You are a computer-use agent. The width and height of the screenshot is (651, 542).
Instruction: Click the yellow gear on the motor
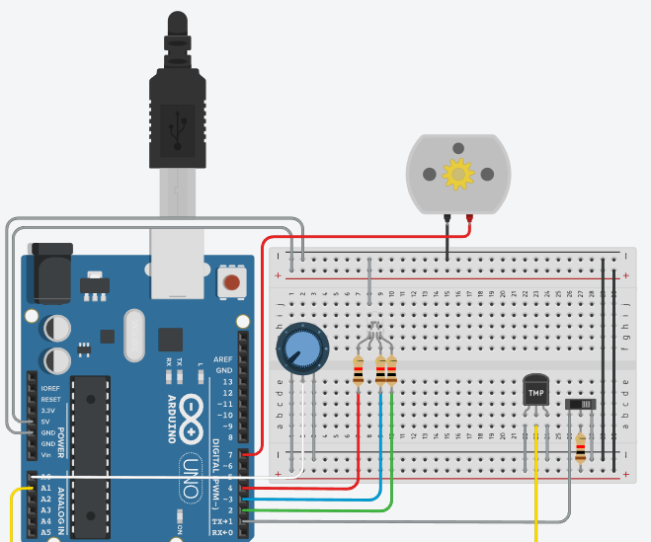pyautogui.click(x=458, y=174)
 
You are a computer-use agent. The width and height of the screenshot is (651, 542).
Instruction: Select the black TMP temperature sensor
pyautogui.click(x=535, y=391)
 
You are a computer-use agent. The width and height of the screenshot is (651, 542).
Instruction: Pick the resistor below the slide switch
pyautogui.click(x=580, y=448)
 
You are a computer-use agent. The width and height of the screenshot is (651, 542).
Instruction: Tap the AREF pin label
pyautogui.click(x=223, y=359)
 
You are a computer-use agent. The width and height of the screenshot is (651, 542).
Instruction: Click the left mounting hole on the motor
pyautogui.click(x=429, y=174)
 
